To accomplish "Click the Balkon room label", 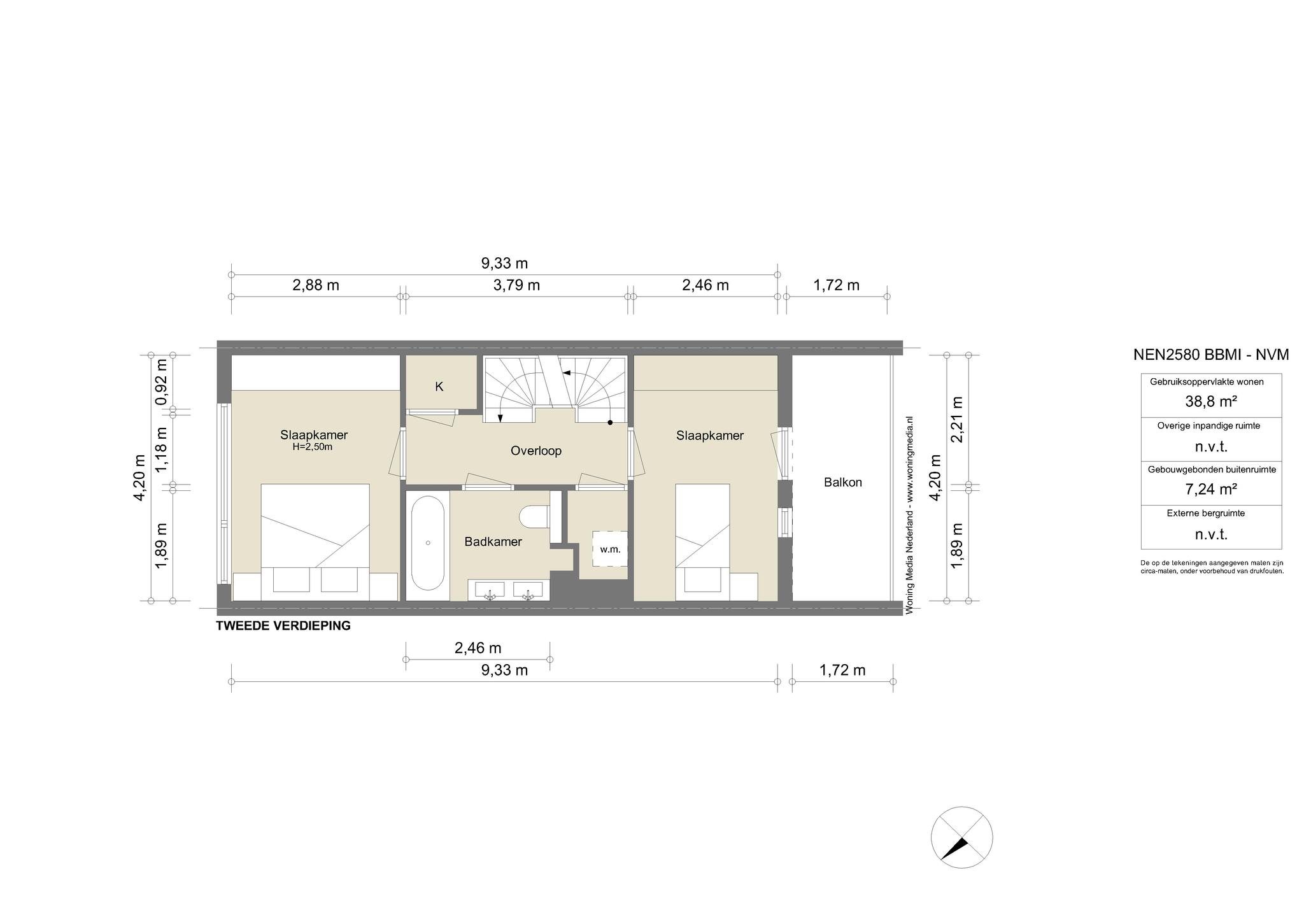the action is tap(842, 483).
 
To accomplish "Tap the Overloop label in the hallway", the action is tap(536, 451).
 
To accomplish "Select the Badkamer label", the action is tap(493, 542).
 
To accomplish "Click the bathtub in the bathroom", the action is tap(427, 543).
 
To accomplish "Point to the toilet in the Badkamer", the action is tap(534, 516).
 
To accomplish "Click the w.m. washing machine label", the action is tap(610, 549).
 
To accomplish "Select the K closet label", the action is tap(439, 387).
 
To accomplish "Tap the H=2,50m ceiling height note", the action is tap(313, 447).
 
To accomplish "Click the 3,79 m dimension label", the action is tap(516, 285).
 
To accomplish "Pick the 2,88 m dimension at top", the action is tap(316, 285).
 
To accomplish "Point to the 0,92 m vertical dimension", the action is tap(162, 382).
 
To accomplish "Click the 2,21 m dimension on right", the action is tap(956, 420).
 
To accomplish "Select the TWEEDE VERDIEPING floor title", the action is tap(283, 626).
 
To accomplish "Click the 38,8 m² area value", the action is tap(1211, 402).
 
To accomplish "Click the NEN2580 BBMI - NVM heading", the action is tap(1211, 355).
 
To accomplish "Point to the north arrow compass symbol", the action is tap(961, 837).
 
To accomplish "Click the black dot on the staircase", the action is tap(610, 423).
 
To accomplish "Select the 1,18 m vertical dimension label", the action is tap(162, 449).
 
